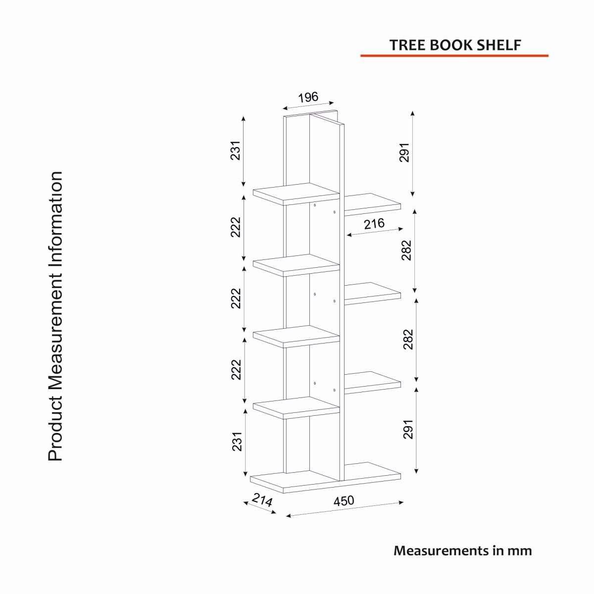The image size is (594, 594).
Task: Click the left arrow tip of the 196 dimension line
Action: [x=283, y=108]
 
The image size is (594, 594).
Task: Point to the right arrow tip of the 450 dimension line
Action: [x=403, y=502]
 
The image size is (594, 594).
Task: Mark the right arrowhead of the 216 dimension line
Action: [x=403, y=228]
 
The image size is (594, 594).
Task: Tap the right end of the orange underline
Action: [x=548, y=56]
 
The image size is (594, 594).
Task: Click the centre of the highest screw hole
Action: [x=315, y=205]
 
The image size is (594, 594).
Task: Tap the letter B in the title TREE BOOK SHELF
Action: [x=436, y=45]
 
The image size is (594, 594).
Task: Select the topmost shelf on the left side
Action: [x=296, y=194]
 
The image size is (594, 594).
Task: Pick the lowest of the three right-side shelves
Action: [x=372, y=382]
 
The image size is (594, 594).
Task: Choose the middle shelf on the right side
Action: [x=372, y=294]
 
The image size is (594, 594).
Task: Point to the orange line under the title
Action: [x=455, y=56]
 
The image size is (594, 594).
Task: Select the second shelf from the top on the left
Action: [x=296, y=265]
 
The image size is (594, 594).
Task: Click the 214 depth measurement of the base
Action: [x=262, y=500]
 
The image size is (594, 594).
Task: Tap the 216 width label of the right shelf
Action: [x=374, y=224]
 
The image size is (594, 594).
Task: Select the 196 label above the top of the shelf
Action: [x=308, y=98]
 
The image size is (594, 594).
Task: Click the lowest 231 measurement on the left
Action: [x=237, y=442]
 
